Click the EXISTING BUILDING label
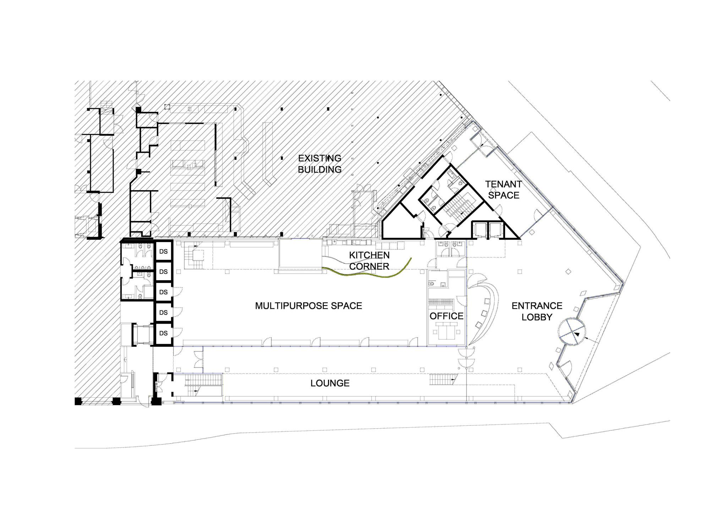pos(319,164)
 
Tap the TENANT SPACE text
pos(504,189)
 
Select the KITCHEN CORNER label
pos(369,260)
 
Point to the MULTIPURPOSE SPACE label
pos(308,306)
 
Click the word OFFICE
pos(447,316)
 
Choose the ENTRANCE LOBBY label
pos(537,311)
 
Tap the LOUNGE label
pos(330,383)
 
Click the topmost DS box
pos(163,251)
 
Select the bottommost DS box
pos(163,333)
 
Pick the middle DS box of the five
pos(163,292)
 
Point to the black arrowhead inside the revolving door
pos(577,334)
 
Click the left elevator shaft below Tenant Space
pos(479,230)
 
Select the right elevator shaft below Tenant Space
pos(495,230)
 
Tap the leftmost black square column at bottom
pos(78,401)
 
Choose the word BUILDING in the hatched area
pos(319,169)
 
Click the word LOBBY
pos(537,317)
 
